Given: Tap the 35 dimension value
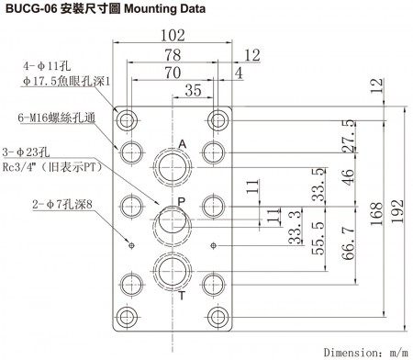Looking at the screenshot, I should tap(193, 90).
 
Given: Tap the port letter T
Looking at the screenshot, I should tap(182, 297).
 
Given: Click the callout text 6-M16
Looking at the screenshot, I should tap(53, 118).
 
